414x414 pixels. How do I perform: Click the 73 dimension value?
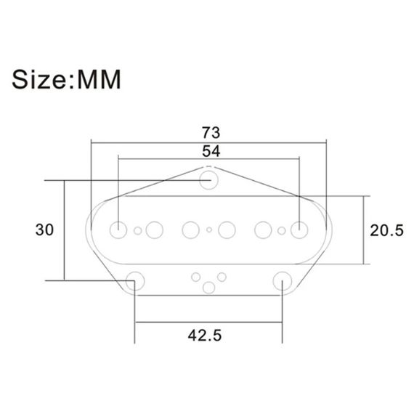coord(211,132)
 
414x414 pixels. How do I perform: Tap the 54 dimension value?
coord(211,152)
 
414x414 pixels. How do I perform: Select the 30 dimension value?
coord(44,230)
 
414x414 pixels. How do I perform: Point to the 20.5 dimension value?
coord(386,230)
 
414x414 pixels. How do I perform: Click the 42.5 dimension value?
coord(205,336)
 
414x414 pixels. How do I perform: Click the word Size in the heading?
coord(38,79)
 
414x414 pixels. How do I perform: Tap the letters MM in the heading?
coord(99,79)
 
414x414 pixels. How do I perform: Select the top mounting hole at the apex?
coord(209,180)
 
